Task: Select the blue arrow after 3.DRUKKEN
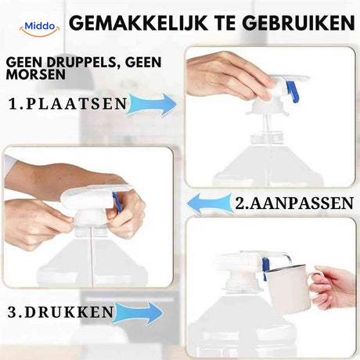[141, 313]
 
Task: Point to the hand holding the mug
[333, 287]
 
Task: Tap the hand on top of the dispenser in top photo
[227, 74]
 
